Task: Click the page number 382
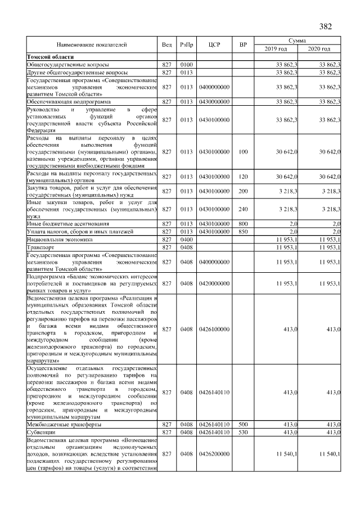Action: pyautogui.click(x=326, y=26)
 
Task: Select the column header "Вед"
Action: pyautogui.click(x=166, y=44)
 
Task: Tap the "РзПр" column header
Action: pyautogui.click(x=186, y=44)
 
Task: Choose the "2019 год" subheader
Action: pyautogui.click(x=276, y=49)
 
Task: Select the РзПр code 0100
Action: pyautogui.click(x=186, y=65)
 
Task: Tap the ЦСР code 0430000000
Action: pyautogui.click(x=214, y=101)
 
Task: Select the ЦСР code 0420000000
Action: pyautogui.click(x=214, y=283)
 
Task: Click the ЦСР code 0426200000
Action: pyautogui.click(x=214, y=453)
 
